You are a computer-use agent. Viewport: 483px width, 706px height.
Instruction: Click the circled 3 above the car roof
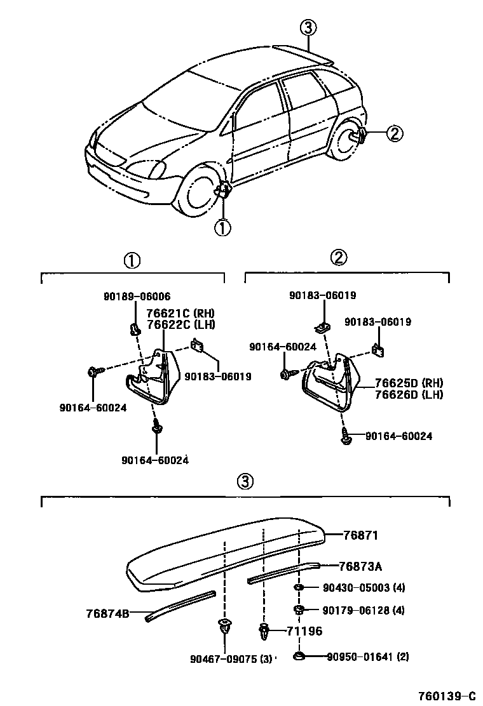point(308,27)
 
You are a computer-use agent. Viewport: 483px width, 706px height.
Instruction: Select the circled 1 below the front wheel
point(222,227)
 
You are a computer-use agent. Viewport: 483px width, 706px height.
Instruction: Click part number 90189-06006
point(137,296)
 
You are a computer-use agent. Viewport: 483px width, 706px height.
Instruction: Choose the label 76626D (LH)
point(409,394)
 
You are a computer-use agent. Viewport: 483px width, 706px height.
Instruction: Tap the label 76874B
point(107,613)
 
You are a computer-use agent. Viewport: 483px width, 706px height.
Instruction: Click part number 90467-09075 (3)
point(231,658)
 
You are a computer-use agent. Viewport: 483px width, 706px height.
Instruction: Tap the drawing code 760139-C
point(447,695)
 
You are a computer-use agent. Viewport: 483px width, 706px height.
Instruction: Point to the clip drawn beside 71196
point(264,632)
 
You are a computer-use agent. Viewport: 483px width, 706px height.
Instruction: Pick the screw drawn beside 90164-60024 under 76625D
point(346,438)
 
